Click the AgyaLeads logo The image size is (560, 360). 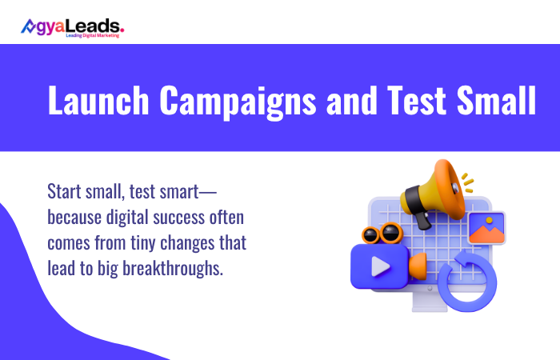pyautogui.click(x=72, y=26)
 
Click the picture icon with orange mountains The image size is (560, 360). pyautogui.click(x=486, y=229)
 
